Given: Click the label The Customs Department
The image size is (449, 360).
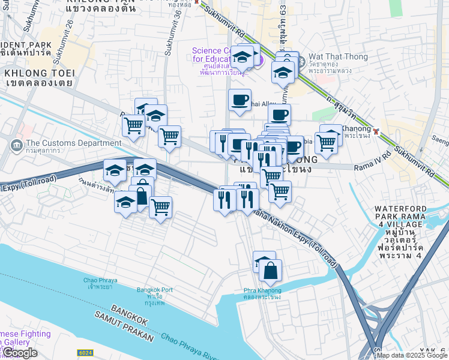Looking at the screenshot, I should [71, 143].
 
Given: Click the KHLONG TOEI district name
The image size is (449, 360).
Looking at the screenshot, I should [38, 73].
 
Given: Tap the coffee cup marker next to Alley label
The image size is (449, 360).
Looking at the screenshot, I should [240, 100].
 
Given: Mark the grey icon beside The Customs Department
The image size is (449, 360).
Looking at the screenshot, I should [15, 144].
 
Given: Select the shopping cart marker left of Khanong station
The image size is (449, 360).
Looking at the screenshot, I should [326, 143].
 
